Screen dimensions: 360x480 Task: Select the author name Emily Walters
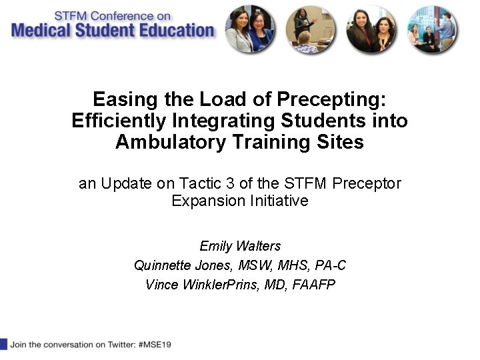point(240,245)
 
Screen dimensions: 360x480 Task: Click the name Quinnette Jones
point(177,265)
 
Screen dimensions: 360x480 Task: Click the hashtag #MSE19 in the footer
point(156,345)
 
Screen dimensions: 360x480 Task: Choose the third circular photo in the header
point(371,29)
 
